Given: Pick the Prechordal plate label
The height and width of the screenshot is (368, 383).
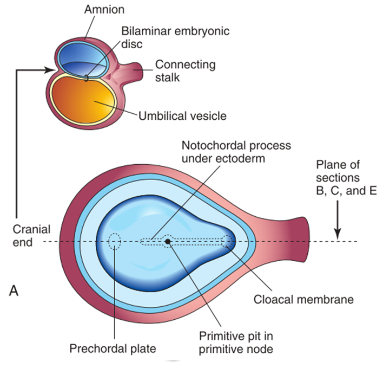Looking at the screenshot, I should point(113,347).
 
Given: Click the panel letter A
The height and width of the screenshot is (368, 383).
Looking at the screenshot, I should point(17,292).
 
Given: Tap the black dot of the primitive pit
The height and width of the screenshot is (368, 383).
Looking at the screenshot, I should point(168,241).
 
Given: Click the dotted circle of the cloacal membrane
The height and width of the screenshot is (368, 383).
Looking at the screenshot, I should point(228,241).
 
